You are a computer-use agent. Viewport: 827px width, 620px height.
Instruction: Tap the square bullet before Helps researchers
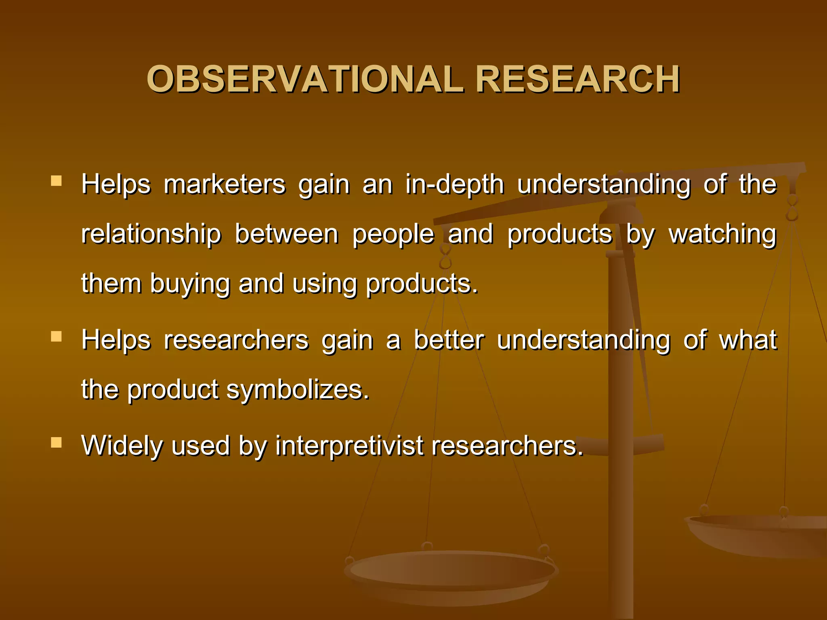click(57, 336)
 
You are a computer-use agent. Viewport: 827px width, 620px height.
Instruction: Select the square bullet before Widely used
click(57, 443)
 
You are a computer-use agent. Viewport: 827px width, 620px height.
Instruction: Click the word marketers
click(225, 185)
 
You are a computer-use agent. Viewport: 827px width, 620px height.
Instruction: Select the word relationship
click(151, 235)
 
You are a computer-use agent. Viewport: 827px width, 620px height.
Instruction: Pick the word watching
click(722, 235)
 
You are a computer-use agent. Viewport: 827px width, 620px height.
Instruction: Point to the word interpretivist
click(349, 446)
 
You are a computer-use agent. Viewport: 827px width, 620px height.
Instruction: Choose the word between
click(286, 235)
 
